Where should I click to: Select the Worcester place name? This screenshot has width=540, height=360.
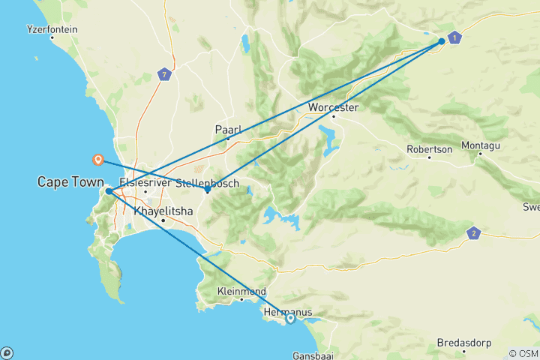click(x=334, y=107)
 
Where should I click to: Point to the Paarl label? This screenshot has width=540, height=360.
click(x=227, y=129)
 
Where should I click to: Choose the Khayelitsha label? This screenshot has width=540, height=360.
click(x=163, y=211)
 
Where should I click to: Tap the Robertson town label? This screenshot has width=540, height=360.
click(x=430, y=148)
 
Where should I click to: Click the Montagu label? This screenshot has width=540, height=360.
click(x=481, y=144)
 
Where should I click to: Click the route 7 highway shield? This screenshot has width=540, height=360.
click(x=165, y=74)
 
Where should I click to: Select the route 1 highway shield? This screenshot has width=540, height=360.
click(x=454, y=37)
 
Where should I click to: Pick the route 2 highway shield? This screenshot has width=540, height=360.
click(x=473, y=233)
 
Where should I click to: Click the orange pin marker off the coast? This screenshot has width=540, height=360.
click(x=97, y=159)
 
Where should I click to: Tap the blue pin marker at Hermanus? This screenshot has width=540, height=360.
click(x=290, y=319)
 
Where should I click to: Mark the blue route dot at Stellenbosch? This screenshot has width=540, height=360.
click(x=208, y=190)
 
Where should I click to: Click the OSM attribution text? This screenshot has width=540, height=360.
click(x=523, y=353)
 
